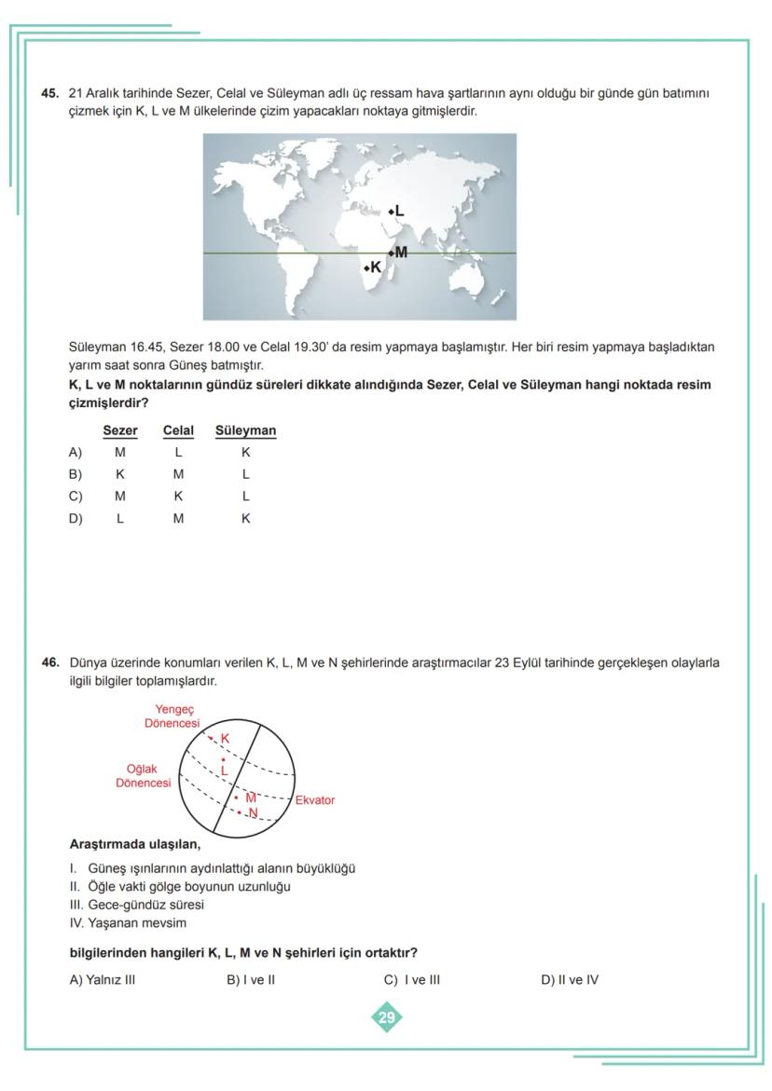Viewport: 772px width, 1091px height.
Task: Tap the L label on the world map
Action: click(399, 211)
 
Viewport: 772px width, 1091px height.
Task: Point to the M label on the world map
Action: click(401, 252)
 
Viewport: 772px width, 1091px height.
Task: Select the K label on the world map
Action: click(376, 267)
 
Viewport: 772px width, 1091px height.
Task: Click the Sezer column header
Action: click(120, 430)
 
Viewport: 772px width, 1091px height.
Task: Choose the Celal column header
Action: click(178, 430)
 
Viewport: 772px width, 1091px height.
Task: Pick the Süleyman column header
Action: click(245, 430)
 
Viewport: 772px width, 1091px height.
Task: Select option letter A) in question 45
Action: click(76, 453)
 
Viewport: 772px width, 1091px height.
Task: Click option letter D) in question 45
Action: click(76, 518)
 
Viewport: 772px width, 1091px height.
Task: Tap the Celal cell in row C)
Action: click(178, 497)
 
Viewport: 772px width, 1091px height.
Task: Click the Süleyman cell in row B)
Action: click(245, 474)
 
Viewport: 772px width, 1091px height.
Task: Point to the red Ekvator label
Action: click(315, 800)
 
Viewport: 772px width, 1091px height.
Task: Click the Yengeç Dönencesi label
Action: click(172, 716)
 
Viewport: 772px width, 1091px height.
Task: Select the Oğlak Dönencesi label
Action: click(144, 776)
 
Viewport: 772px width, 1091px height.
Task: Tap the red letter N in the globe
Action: click(253, 813)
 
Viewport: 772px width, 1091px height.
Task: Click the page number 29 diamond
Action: click(386, 1017)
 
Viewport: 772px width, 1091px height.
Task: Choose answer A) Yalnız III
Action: click(103, 979)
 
